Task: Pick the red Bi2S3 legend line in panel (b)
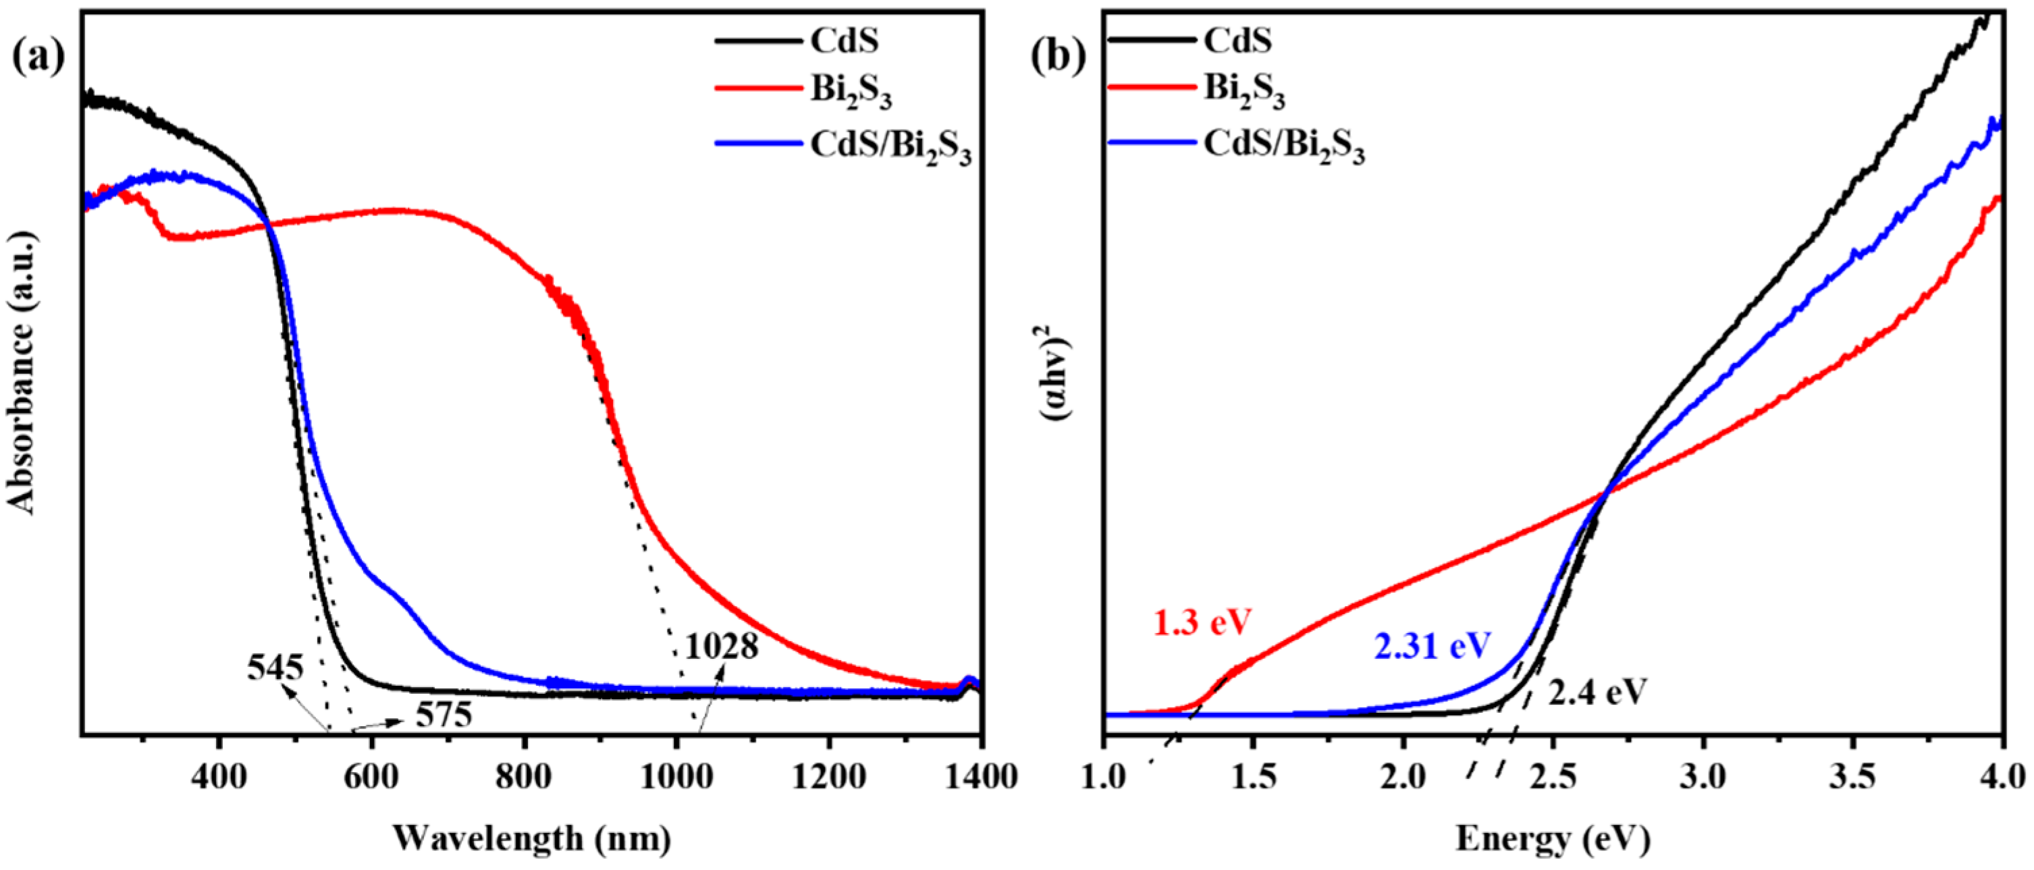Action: click(1151, 87)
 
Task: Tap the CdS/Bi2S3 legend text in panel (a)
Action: click(890, 147)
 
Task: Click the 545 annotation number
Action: click(275, 669)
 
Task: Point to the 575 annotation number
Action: click(444, 715)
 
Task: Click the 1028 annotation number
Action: click(721, 647)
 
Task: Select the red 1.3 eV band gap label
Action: click(1202, 623)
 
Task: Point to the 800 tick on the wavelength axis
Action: click(525, 777)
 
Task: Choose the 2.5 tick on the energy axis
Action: click(1553, 777)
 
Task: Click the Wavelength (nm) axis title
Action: click(531, 838)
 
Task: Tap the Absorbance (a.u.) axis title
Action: click(22, 373)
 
